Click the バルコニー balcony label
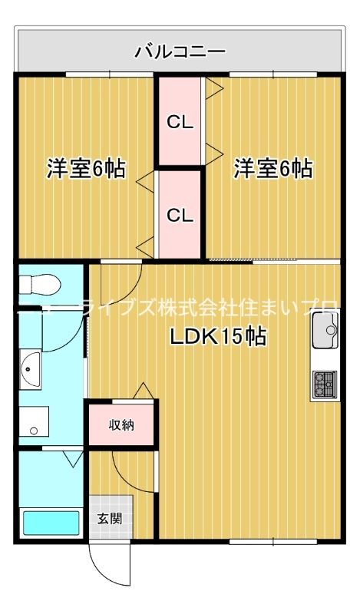pyautogui.click(x=180, y=51)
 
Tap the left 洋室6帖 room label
pyautogui.click(x=87, y=168)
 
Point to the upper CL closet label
pyautogui.click(x=180, y=121)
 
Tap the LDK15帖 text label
pyautogui.click(x=218, y=337)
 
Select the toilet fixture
pyautogui.click(x=37, y=284)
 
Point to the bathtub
pyautogui.click(x=51, y=523)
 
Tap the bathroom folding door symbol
pyautogui.click(x=74, y=458)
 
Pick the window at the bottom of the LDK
pyautogui.click(x=272, y=542)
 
